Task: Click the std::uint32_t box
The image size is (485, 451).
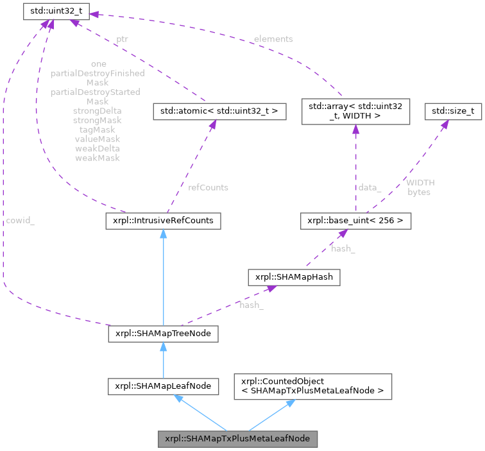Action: click(x=56, y=12)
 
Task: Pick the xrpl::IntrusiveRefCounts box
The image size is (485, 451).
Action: click(x=163, y=221)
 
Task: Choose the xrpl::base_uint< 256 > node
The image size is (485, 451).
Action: click(x=355, y=221)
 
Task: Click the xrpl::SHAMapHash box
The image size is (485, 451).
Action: click(x=294, y=277)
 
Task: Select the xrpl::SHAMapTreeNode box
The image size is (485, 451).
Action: click(x=163, y=334)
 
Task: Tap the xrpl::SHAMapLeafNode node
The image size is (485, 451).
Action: click(x=163, y=386)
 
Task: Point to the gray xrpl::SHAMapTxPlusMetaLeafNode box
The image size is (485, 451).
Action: click(x=238, y=439)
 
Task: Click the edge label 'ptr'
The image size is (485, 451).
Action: click(x=122, y=39)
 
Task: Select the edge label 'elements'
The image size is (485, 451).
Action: click(x=273, y=39)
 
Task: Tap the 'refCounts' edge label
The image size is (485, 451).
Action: click(x=208, y=187)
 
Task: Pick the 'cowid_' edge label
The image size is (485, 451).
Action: click(x=21, y=221)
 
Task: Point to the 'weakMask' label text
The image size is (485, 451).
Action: click(x=98, y=157)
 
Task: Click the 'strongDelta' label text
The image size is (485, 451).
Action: click(x=98, y=110)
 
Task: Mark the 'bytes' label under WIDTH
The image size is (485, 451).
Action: click(x=419, y=192)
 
